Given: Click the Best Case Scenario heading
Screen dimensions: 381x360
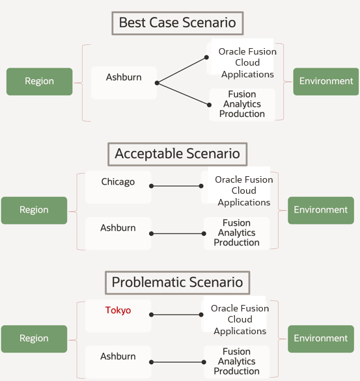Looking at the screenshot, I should (177, 23).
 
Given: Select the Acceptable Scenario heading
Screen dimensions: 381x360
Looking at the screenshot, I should (177, 154).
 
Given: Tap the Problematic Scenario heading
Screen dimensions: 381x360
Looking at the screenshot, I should (177, 282).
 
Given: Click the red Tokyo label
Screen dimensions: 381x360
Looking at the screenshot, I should (118, 311).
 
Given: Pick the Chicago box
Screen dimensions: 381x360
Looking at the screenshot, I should (118, 183).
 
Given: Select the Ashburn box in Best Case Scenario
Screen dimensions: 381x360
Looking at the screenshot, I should (124, 79).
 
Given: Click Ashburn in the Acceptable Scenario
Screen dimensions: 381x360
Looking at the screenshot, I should (118, 229).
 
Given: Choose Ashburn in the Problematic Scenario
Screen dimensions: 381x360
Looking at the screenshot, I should (118, 357).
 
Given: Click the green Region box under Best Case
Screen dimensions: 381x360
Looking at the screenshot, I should (39, 81).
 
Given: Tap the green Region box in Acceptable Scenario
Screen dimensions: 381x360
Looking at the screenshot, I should (34, 210).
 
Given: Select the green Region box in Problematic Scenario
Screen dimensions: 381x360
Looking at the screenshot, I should (34, 338).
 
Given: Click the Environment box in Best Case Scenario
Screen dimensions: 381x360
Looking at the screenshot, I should (325, 81).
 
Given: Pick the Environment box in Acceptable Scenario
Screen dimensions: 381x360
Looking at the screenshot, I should (320, 210).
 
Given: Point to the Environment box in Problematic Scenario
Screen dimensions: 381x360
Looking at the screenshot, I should (320, 338).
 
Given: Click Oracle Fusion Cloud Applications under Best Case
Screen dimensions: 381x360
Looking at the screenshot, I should (247, 62).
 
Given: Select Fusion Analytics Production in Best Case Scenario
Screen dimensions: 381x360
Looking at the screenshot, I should (242, 104).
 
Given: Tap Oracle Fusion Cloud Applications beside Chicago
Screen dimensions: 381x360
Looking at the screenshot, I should (243, 190).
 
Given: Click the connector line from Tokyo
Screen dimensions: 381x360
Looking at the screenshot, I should (176, 315).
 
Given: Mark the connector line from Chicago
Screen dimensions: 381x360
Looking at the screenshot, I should (176, 186).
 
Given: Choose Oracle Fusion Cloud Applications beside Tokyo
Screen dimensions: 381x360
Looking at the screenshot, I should (240, 319).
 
